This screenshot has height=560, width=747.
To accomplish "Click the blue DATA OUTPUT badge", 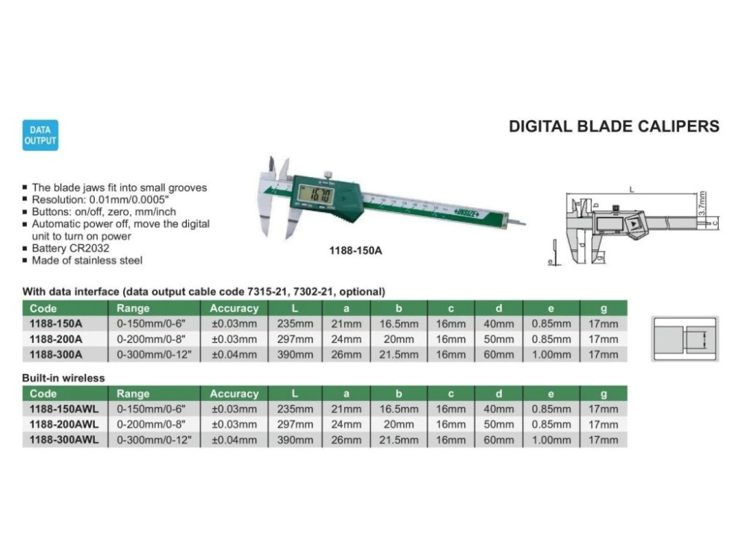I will [40, 135].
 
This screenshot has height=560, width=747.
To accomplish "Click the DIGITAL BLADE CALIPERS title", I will [614, 126].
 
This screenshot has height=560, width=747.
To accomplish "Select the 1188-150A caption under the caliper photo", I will [356, 251].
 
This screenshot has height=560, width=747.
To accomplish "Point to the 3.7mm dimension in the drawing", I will [704, 202].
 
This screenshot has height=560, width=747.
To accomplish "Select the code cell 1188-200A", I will [55, 339].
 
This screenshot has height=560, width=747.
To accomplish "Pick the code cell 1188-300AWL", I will [63, 440].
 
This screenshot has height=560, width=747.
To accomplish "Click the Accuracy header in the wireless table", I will [234, 393].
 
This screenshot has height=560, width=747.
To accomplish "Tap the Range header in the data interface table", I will [133, 308].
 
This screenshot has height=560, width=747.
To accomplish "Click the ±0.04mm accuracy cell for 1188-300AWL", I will [234, 440].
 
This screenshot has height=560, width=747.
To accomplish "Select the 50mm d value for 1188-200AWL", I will [499, 424].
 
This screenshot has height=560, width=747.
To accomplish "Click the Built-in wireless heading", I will [63, 378].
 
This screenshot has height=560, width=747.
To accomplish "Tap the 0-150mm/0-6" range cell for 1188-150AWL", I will [149, 409].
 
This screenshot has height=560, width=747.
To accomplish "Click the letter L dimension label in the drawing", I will [631, 190].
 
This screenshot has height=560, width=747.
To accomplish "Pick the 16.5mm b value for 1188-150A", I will [399, 324].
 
